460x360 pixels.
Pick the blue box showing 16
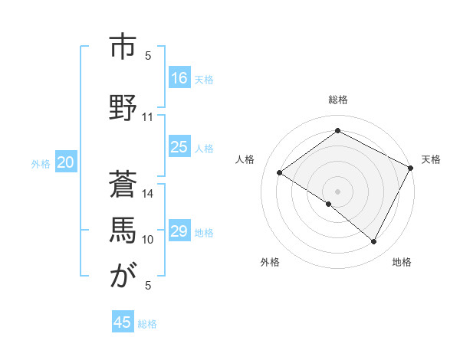coord(179,77)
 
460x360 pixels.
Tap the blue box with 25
coord(179,147)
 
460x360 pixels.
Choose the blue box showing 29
coord(179,231)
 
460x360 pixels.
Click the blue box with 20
coord(66,162)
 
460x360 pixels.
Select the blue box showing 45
coord(123,322)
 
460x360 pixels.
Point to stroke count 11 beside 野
coord(148,117)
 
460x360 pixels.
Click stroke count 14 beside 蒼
coord(148,193)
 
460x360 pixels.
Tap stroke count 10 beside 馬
coord(148,240)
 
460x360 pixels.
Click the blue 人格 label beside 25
coord(204,149)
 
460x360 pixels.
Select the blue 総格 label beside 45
coord(147,324)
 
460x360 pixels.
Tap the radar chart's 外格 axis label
coord(270,262)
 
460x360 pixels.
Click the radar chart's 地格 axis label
coord(402,262)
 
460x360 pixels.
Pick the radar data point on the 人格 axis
coord(280,172)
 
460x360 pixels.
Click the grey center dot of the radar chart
coord(337,191)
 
